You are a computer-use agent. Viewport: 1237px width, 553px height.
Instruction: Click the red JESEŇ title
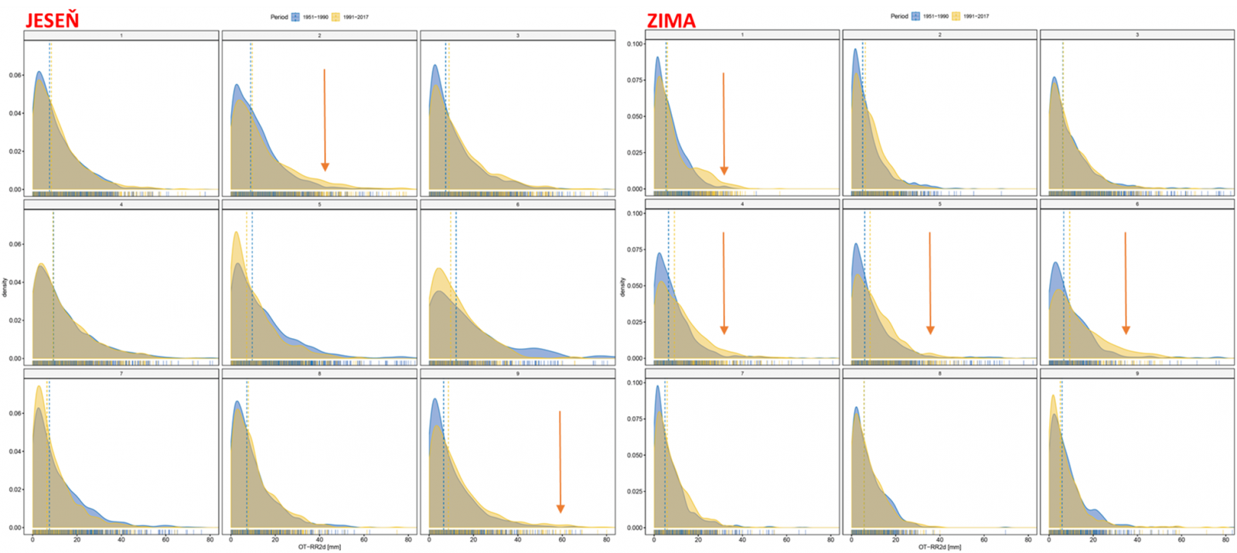pos(52,20)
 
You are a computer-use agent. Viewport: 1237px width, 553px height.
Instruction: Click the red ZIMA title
pos(670,21)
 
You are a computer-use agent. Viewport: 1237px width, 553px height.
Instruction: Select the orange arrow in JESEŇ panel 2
pos(325,120)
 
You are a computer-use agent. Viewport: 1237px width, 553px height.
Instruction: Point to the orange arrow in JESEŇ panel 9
pos(560,462)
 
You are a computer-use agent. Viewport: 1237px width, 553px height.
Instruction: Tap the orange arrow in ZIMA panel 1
pos(724,124)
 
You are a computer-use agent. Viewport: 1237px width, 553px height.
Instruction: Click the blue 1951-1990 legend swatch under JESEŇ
pos(295,17)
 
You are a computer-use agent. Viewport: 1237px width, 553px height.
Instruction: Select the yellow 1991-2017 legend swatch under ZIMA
pos(956,16)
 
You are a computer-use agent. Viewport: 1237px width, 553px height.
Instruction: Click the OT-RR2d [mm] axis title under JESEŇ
pos(319,547)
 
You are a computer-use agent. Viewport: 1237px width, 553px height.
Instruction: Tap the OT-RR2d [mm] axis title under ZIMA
pos(939,547)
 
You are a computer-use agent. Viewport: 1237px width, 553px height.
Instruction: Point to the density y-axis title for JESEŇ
pos(5,287)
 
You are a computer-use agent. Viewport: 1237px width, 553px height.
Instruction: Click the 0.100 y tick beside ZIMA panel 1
pos(634,44)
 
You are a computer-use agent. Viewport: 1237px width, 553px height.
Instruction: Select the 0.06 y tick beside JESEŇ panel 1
pos(15,75)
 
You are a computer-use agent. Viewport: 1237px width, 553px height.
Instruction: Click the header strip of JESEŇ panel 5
pos(319,205)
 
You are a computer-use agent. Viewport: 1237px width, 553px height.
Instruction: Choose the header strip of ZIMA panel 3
pos(1136,35)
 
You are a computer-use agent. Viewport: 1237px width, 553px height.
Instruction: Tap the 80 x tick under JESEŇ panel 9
pos(606,540)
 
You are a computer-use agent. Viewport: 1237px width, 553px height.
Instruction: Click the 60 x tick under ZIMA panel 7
pos(786,540)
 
